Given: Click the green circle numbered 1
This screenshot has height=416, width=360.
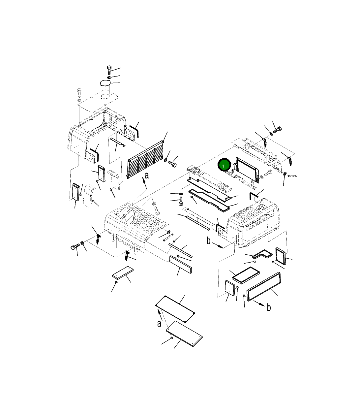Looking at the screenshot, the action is tap(224, 165).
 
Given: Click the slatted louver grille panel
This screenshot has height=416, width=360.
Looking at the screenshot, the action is tap(145, 159).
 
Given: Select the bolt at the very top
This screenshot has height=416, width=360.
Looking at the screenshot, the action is tap(109, 70).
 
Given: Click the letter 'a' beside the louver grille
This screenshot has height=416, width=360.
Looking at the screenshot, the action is tap(147, 176).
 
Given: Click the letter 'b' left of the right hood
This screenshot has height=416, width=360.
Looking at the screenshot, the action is tap(209, 240).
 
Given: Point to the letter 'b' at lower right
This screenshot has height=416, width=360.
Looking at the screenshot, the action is tap(269, 307).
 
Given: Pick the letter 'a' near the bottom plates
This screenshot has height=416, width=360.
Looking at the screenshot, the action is tap(159, 324).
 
